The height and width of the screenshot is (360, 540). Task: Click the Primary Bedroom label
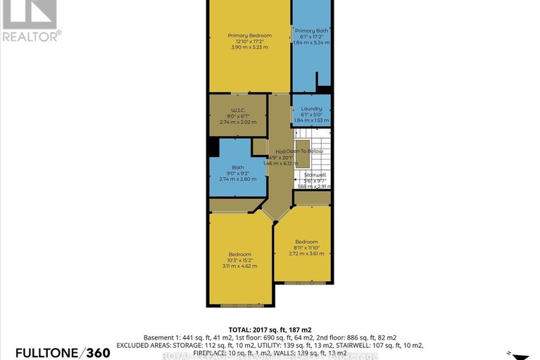coord(249,35)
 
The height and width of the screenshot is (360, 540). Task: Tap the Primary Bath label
coord(311,31)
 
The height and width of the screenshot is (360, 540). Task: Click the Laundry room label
coord(311,108)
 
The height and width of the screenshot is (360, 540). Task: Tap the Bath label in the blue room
coord(239,167)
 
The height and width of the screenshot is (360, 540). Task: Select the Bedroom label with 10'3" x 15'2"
coord(239,254)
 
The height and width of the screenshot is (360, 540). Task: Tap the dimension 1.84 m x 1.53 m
coord(311,121)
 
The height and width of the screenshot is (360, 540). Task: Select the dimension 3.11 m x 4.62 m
coord(239,266)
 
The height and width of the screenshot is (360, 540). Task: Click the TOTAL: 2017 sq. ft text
coord(270,329)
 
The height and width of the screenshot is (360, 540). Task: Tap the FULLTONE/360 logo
coord(55,352)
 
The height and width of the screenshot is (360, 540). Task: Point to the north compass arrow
coord(520,355)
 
